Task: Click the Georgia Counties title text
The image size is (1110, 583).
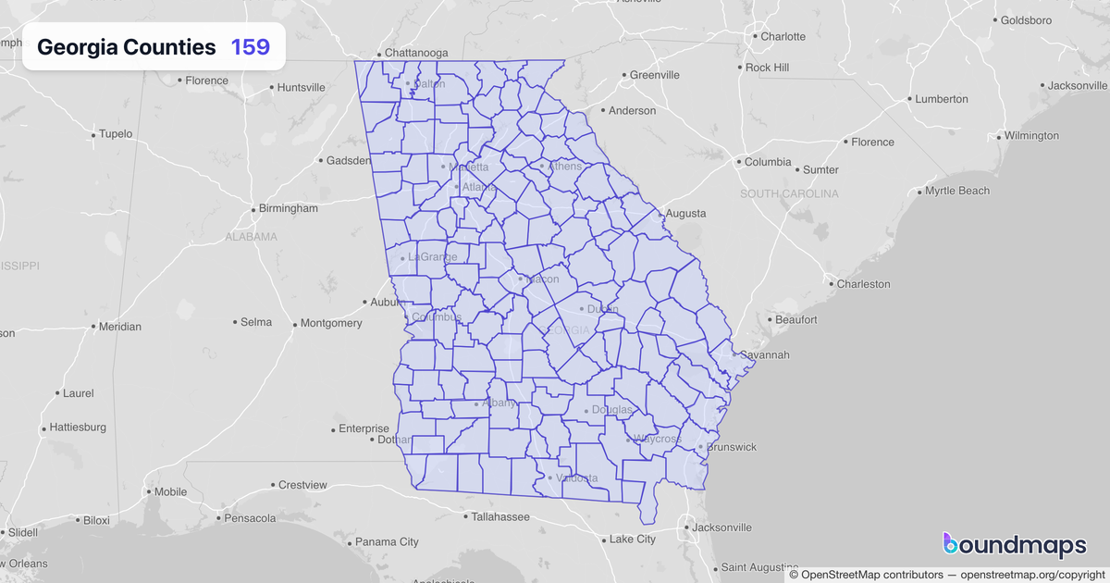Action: (127, 47)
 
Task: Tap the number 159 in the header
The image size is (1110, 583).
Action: (251, 47)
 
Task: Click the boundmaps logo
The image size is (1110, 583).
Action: (1014, 546)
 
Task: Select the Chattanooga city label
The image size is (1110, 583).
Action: (415, 53)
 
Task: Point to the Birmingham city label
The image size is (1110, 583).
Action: (288, 208)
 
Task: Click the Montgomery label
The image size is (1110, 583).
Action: (331, 323)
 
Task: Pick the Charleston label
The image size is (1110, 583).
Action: (863, 284)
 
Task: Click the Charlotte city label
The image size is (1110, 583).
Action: (783, 37)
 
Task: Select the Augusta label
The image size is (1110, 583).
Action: (685, 214)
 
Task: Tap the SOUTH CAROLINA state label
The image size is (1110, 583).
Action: (789, 193)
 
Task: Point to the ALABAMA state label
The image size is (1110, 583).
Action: (251, 237)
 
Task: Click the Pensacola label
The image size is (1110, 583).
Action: (250, 518)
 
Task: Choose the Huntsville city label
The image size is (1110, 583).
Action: (302, 88)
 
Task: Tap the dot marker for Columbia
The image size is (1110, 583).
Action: (739, 162)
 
